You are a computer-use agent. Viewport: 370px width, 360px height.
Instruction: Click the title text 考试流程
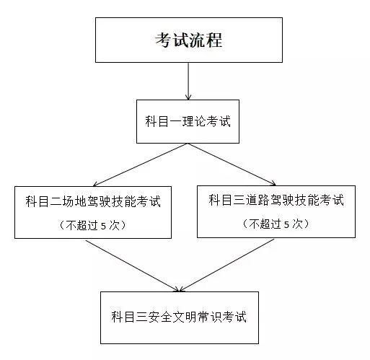click(x=188, y=40)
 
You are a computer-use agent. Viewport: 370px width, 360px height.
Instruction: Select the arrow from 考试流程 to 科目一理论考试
click(x=188, y=82)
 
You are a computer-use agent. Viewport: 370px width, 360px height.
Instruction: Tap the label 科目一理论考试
click(x=188, y=121)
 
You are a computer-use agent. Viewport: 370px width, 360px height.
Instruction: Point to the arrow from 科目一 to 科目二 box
click(x=140, y=165)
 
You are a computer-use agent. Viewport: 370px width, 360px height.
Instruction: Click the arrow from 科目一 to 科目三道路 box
click(x=232, y=164)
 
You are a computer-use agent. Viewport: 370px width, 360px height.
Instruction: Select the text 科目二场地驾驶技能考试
click(x=93, y=201)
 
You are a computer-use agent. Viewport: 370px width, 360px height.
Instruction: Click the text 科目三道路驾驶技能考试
click(x=276, y=201)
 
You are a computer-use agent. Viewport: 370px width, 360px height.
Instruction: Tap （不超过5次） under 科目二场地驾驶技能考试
click(x=92, y=225)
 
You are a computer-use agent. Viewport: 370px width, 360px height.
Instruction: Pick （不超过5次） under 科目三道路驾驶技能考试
click(x=276, y=224)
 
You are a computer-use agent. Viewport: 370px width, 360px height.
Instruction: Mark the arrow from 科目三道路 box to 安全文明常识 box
click(x=226, y=265)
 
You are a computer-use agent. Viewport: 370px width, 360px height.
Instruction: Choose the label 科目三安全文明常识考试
click(x=179, y=317)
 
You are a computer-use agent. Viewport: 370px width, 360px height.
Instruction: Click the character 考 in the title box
click(x=163, y=40)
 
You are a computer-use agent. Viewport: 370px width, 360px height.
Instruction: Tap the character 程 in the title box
click(x=214, y=40)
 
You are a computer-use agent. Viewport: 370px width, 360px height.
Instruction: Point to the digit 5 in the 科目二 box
click(x=103, y=226)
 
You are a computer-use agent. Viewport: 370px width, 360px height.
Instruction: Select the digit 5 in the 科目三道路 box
click(x=286, y=225)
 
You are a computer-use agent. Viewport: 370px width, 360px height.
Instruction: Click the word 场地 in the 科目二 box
click(x=74, y=201)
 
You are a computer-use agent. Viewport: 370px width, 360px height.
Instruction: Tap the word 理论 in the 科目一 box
click(x=194, y=121)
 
